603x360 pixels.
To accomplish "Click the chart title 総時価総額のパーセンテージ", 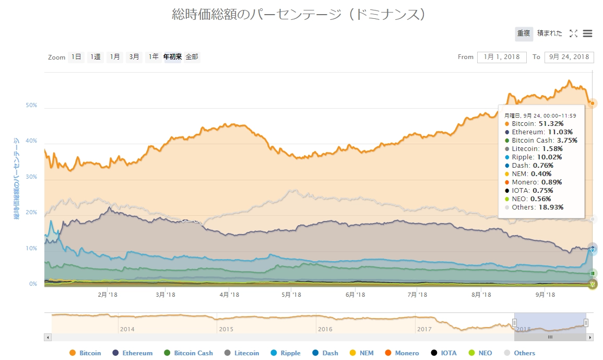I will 299,14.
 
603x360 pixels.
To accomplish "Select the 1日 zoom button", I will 76,57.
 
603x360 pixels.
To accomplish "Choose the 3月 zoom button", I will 134,57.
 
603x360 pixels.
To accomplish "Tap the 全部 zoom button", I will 192,57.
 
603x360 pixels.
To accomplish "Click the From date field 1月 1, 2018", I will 502,57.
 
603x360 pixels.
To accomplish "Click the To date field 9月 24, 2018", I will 569,57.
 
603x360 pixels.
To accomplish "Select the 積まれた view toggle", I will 550,33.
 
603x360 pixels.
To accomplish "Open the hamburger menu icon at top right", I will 587,33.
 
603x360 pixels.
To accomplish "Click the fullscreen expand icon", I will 573,33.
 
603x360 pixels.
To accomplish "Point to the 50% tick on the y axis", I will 31,105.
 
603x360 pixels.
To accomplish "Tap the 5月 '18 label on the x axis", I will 291,295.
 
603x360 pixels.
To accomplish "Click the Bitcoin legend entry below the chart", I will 85,353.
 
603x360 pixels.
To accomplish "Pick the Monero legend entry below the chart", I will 401,353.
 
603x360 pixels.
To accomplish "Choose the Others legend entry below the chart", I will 519,353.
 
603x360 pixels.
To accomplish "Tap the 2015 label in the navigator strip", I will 226,329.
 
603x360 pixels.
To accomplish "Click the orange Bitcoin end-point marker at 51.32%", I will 593,103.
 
